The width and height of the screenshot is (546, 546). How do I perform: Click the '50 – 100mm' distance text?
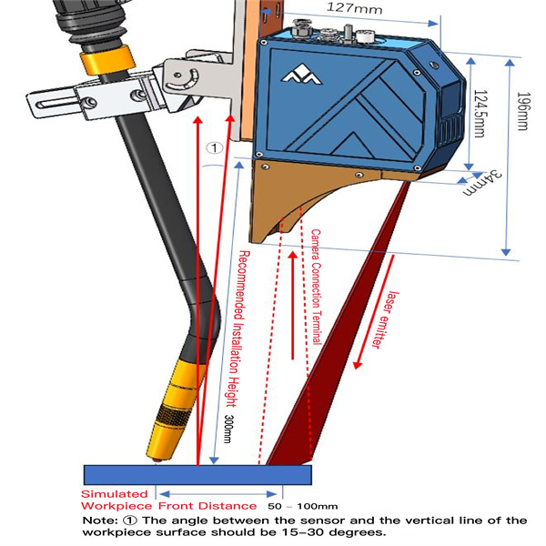tap(302, 505)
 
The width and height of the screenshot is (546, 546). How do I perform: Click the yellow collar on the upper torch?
tap(95, 61)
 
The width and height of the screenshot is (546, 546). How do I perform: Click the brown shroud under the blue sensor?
tap(300, 205)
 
